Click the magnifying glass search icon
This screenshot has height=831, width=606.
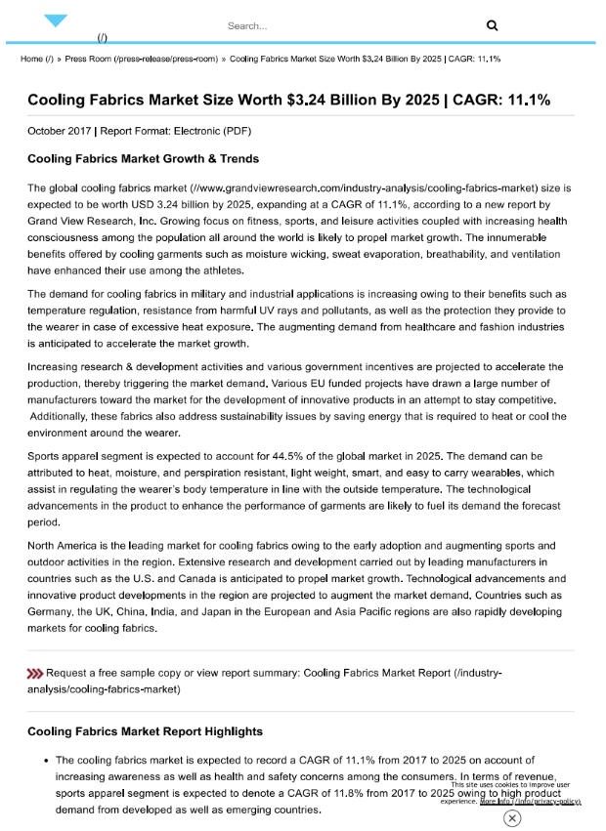pos(492,25)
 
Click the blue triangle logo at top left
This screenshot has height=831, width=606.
pos(56,21)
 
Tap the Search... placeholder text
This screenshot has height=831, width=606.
pos(247,25)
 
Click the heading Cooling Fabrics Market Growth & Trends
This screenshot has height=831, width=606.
pos(143,158)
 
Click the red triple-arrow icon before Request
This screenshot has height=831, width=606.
pos(35,673)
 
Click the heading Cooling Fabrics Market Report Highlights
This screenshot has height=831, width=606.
pos(145,730)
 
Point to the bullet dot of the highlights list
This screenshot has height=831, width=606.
pos(45,760)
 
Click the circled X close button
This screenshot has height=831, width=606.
pos(512,818)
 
